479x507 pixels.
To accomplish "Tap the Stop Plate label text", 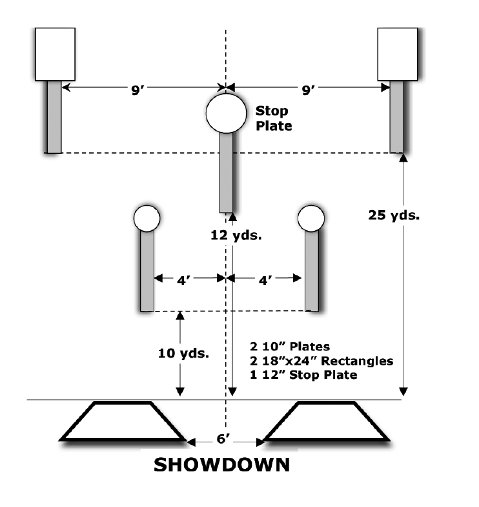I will (273, 118).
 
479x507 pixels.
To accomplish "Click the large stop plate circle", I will (225, 111).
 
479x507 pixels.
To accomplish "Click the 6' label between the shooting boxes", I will (224, 440).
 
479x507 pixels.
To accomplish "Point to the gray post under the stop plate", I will (227, 171).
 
